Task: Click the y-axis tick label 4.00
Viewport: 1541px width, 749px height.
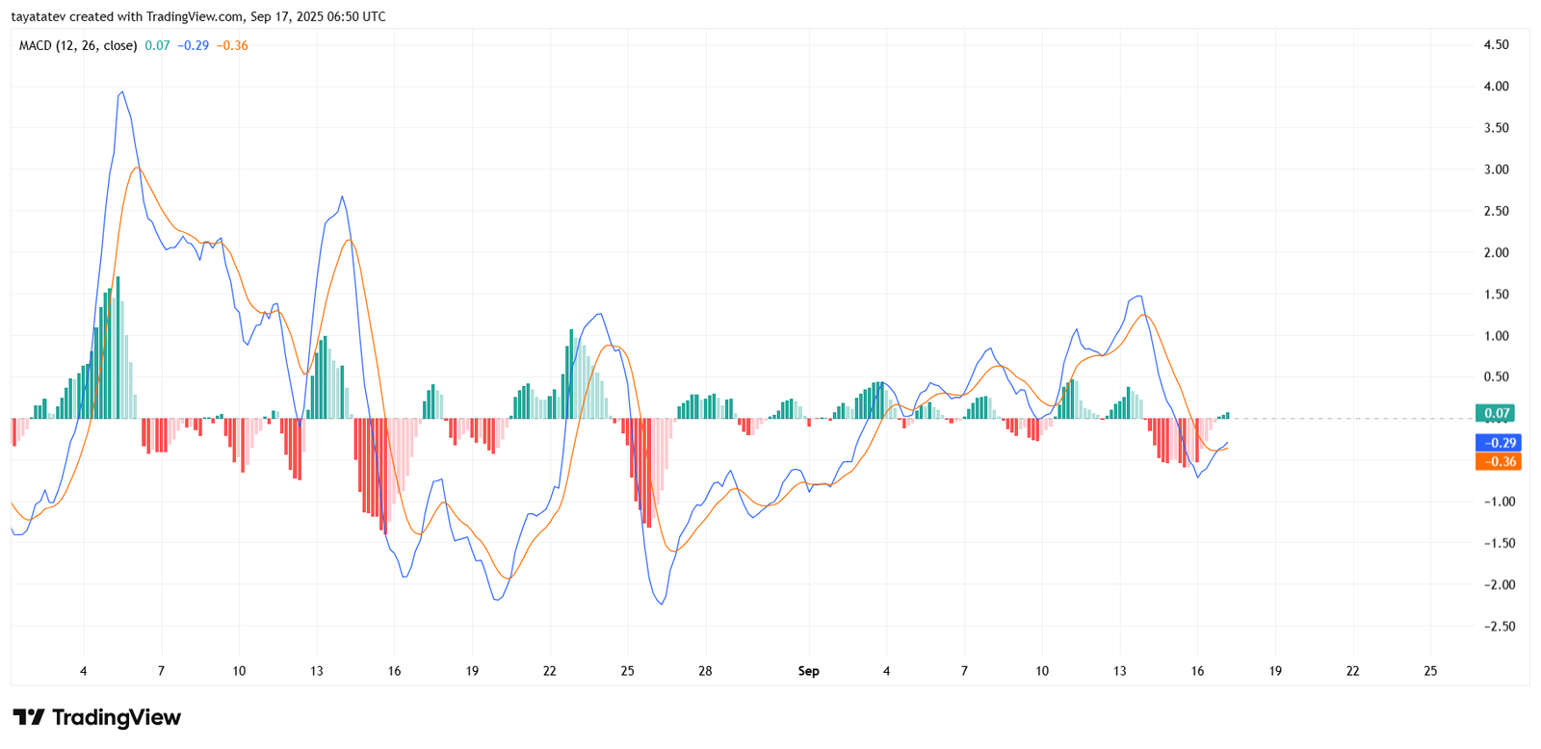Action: (x=1496, y=87)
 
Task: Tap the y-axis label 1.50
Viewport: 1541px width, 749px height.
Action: (x=1496, y=295)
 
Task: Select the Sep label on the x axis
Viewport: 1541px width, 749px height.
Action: (x=808, y=671)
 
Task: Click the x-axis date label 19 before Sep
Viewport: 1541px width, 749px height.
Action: (x=472, y=671)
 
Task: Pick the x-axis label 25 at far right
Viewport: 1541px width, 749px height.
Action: (x=1430, y=671)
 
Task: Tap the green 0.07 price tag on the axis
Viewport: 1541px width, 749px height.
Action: (x=1496, y=413)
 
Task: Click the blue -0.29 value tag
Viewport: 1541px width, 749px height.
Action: (x=1498, y=443)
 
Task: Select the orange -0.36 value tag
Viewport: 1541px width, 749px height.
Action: (x=1498, y=462)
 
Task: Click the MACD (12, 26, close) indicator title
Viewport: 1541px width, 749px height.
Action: (x=78, y=45)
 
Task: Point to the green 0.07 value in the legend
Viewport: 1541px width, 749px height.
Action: (x=157, y=45)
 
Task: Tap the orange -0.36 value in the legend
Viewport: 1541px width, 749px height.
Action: (x=232, y=45)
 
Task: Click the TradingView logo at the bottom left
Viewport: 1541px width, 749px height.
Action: (x=96, y=717)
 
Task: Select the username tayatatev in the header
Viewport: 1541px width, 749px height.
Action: (x=38, y=16)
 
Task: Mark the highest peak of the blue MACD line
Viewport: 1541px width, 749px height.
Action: (x=121, y=92)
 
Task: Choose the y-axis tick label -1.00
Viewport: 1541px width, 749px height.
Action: (x=1496, y=502)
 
